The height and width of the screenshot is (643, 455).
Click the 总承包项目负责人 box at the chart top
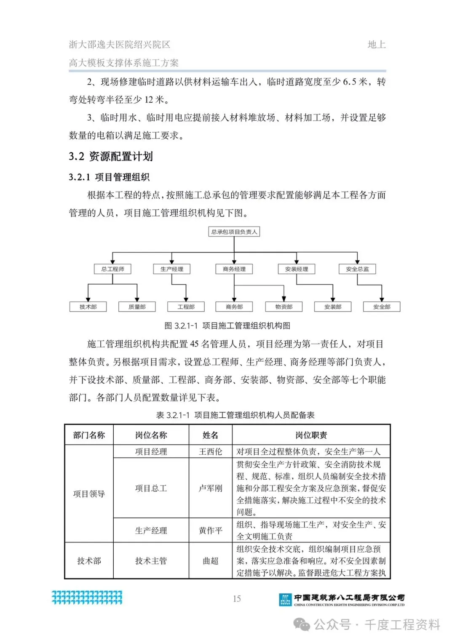click(x=234, y=232)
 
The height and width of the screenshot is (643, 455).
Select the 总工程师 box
click(x=112, y=269)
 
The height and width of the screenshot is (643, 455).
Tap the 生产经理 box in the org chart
click(x=172, y=269)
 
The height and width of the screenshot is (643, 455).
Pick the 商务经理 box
click(x=234, y=269)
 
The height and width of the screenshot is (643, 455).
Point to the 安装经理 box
click(x=297, y=269)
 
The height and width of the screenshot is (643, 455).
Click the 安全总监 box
click(x=357, y=269)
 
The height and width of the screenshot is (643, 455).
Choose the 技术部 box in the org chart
click(x=88, y=307)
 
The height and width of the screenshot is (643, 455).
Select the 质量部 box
click(x=137, y=307)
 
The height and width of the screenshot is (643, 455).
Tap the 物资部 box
click(x=284, y=307)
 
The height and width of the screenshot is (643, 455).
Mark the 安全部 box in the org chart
click(x=382, y=307)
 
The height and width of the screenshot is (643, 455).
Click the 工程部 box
click(x=186, y=307)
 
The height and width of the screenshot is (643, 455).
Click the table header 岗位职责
click(x=311, y=435)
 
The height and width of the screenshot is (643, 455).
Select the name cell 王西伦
click(x=210, y=452)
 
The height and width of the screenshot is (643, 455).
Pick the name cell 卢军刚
click(x=210, y=488)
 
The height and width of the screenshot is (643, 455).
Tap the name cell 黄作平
click(x=210, y=531)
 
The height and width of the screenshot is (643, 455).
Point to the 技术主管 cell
click(x=151, y=561)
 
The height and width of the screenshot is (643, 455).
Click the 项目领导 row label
click(x=89, y=494)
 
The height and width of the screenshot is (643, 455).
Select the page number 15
click(x=237, y=598)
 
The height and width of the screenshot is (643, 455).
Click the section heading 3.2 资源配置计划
click(x=111, y=157)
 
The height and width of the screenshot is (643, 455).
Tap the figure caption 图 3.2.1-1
click(x=227, y=326)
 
